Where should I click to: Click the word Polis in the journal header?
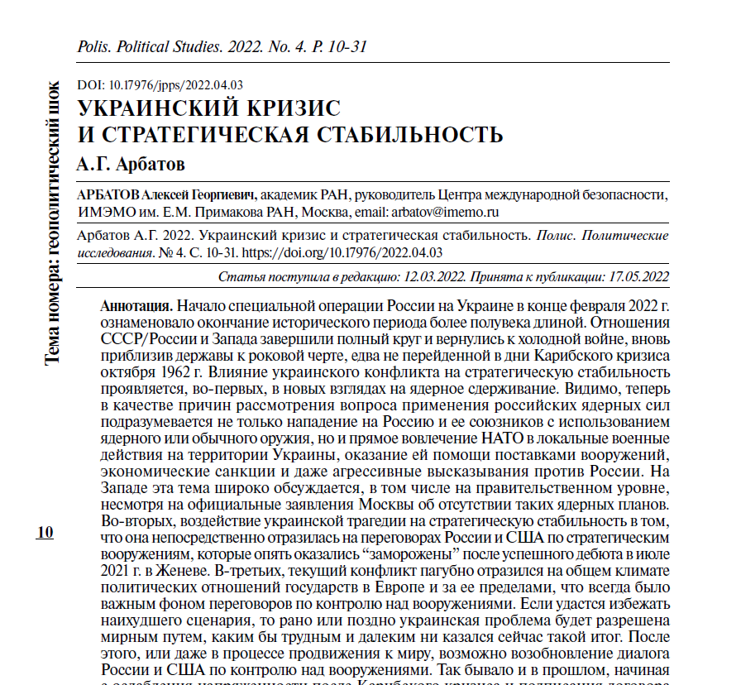[92, 47]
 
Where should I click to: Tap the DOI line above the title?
[159, 84]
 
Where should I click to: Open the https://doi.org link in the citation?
[351, 252]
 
